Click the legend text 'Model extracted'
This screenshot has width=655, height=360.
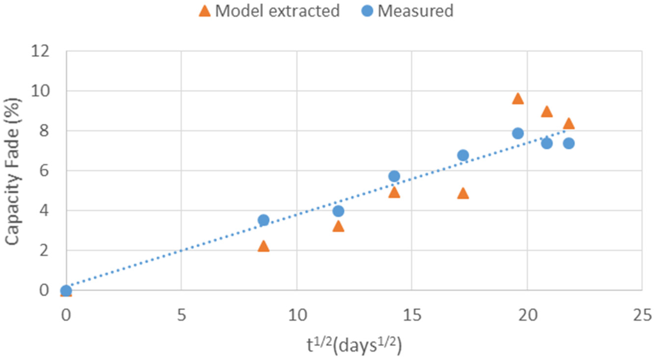(x=277, y=11)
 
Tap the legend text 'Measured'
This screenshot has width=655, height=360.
(x=415, y=11)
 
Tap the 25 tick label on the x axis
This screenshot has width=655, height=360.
(x=642, y=315)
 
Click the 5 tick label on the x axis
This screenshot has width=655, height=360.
(x=181, y=315)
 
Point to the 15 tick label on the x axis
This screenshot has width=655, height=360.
(x=411, y=315)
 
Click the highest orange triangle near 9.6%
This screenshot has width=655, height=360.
(x=517, y=98)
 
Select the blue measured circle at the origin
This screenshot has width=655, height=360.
(x=66, y=291)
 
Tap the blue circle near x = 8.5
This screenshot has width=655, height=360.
(x=263, y=220)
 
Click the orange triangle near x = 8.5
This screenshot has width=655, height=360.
(x=263, y=246)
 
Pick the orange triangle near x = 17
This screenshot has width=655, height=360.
(x=463, y=193)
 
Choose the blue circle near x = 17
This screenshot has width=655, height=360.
(x=463, y=155)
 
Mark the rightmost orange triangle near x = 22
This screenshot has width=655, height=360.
(x=569, y=123)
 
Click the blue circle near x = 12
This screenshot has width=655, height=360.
(x=338, y=211)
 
